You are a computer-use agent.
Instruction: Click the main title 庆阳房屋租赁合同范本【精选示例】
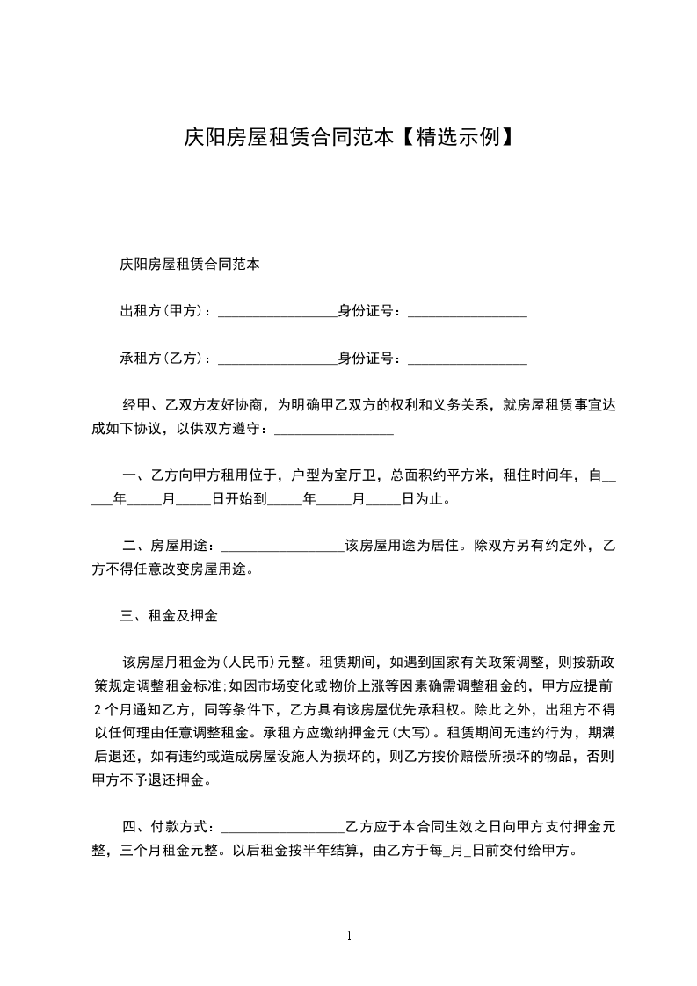point(348,137)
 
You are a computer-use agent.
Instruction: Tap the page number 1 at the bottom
point(349,936)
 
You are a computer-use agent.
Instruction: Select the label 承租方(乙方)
point(161,358)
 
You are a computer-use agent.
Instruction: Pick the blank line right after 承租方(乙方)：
point(277,359)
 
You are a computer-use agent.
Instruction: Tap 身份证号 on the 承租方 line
point(369,358)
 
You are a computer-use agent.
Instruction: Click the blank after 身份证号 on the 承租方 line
point(468,359)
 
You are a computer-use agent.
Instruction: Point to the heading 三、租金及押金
point(169,616)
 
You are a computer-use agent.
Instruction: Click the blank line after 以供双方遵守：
point(334,431)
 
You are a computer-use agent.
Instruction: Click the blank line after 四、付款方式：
point(285,829)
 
